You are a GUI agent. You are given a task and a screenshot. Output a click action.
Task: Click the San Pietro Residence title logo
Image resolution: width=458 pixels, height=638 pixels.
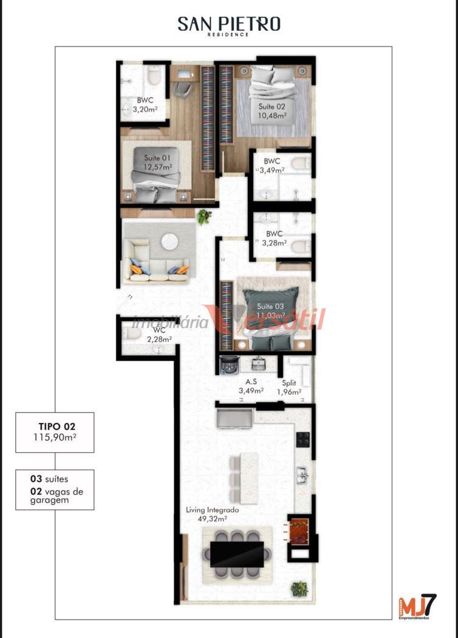[229, 26]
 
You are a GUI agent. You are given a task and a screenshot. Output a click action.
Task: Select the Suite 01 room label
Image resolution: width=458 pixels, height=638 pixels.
[157, 162]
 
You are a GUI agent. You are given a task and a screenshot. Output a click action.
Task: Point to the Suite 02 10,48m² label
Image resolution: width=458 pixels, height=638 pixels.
[272, 111]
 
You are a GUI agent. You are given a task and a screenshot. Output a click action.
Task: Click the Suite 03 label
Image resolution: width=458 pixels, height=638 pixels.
[270, 311]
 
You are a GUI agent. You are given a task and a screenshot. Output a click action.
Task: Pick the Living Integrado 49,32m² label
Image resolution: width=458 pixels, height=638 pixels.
[213, 514]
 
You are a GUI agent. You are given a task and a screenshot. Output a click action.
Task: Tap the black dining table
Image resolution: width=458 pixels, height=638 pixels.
[236, 554]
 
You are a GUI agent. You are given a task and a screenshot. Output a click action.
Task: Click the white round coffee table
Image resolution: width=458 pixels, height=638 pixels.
[169, 242]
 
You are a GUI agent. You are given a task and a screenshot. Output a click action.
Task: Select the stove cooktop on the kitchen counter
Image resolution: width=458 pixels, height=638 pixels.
[302, 439]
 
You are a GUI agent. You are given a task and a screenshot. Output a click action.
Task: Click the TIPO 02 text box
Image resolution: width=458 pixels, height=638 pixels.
[55, 432]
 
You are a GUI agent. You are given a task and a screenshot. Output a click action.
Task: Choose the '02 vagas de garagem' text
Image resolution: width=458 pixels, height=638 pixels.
[56, 495]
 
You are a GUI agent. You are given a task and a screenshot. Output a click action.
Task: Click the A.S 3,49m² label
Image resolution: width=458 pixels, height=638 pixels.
[251, 386]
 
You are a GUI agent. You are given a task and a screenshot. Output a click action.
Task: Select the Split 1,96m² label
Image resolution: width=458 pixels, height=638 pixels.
[289, 387]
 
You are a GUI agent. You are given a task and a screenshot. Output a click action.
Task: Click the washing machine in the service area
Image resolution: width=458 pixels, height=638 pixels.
[229, 365]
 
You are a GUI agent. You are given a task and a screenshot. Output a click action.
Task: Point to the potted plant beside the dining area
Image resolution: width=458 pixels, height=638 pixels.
[299, 589]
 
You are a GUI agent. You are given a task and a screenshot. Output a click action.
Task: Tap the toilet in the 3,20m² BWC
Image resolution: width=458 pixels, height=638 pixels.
[154, 76]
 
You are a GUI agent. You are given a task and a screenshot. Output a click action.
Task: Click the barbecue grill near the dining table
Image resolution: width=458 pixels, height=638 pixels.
[299, 530]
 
